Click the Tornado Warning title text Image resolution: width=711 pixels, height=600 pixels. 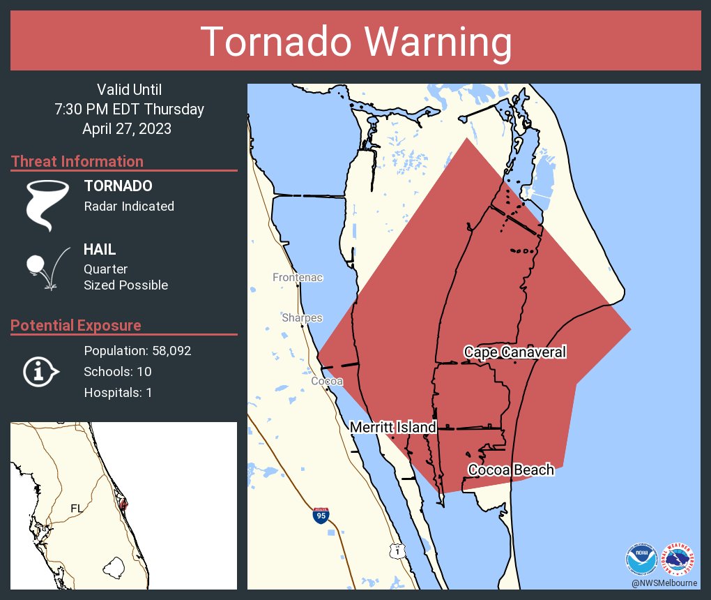(x=355, y=42)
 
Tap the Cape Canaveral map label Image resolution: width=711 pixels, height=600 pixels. (x=514, y=352)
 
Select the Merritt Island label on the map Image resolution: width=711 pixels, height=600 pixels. (x=392, y=427)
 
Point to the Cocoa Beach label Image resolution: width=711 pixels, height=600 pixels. (x=511, y=470)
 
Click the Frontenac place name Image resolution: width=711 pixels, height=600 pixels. (x=298, y=278)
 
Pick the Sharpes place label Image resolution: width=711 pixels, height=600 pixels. (x=302, y=317)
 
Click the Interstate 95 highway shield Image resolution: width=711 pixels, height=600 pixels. (x=321, y=516)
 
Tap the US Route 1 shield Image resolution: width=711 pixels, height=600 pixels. (x=397, y=550)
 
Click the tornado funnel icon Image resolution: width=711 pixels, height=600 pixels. (x=47, y=205)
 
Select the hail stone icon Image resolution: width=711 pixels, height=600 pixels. (x=36, y=265)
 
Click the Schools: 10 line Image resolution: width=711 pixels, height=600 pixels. (x=117, y=371)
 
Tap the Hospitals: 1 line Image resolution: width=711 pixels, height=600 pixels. (x=118, y=392)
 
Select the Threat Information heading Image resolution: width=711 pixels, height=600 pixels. (x=77, y=161)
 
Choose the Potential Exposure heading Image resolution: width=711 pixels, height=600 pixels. (x=76, y=325)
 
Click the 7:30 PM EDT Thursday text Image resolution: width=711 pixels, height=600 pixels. (x=129, y=109)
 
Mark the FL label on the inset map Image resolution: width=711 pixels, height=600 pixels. (x=77, y=508)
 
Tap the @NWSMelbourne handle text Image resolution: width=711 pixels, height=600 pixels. (x=664, y=583)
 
